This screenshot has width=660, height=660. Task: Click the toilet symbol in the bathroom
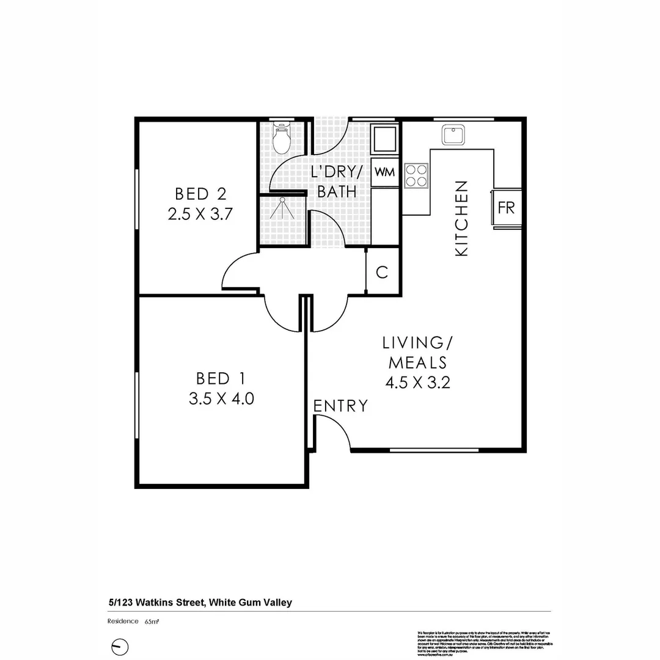tap(282, 139)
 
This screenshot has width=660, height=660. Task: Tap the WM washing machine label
tap(384, 172)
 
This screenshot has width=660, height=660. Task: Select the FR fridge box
tap(507, 207)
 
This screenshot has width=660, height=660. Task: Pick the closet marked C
tap(382, 272)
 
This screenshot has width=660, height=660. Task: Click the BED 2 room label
tap(200, 194)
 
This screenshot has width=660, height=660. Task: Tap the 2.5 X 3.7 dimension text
tap(200, 215)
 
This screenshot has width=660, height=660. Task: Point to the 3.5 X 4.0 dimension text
tap(221, 399)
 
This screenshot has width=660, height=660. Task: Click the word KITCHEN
tap(462, 218)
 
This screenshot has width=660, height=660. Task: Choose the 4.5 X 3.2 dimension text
tap(418, 383)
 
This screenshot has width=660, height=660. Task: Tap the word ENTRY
tap(340, 406)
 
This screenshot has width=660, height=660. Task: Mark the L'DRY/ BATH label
tap(337, 182)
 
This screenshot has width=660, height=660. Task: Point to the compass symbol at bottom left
tap(120, 647)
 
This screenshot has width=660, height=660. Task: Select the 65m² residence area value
tap(152, 621)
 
